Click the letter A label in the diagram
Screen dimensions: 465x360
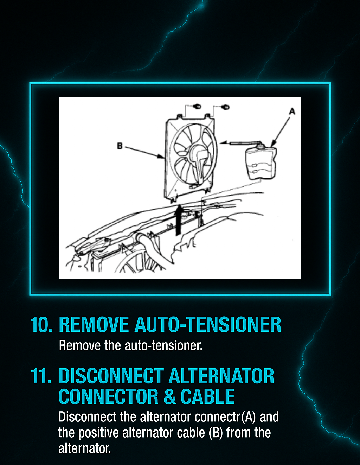(292, 112)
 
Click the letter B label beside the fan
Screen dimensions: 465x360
(120, 146)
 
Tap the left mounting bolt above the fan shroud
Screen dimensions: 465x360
(198, 106)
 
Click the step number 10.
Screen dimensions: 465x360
(41, 325)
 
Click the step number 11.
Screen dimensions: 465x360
(41, 376)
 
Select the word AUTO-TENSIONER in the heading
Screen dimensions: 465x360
(208, 325)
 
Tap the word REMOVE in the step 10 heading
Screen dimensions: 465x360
(94, 325)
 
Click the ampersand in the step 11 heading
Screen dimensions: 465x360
(169, 397)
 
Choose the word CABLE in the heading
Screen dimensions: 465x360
(207, 397)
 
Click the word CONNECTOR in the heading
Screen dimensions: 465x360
(108, 397)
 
